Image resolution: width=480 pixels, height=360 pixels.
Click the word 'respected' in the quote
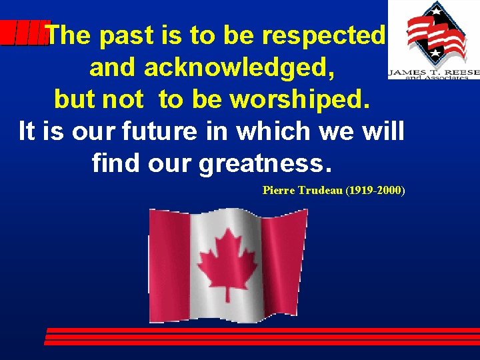click(324, 36)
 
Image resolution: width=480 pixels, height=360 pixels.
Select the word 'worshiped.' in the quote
click(299, 99)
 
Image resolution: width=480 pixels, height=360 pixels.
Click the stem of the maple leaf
click(227, 293)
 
